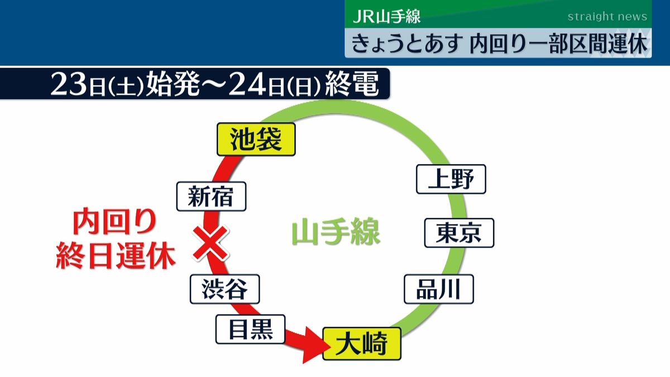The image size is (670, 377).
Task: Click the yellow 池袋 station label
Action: pos(255,140)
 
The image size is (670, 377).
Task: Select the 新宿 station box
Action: pos(211,196)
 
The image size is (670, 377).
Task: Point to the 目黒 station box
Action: pos(251,328)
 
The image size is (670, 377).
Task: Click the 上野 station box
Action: pos(451,179)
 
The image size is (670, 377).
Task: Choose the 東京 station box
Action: pos(459,233)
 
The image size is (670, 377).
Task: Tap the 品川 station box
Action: pos(439,289)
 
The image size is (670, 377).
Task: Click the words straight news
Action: pos(607,16)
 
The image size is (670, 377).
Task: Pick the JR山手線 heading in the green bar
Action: pos(387,16)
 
